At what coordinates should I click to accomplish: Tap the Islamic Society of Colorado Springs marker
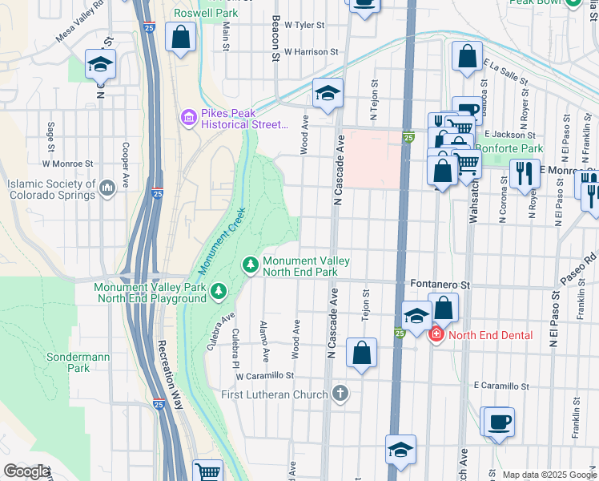click(107, 188)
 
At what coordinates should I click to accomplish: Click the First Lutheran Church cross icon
click(340, 394)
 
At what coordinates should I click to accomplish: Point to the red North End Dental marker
click(437, 334)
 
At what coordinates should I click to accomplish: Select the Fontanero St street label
click(439, 284)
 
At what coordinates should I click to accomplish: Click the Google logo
click(27, 471)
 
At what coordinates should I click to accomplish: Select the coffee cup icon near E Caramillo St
click(499, 422)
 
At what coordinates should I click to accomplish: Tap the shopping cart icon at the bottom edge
click(208, 472)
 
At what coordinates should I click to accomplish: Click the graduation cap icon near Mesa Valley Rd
click(101, 64)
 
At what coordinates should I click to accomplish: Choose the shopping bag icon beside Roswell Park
click(181, 37)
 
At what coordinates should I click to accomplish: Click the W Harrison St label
click(299, 51)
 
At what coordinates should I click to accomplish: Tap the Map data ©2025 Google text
click(549, 475)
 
